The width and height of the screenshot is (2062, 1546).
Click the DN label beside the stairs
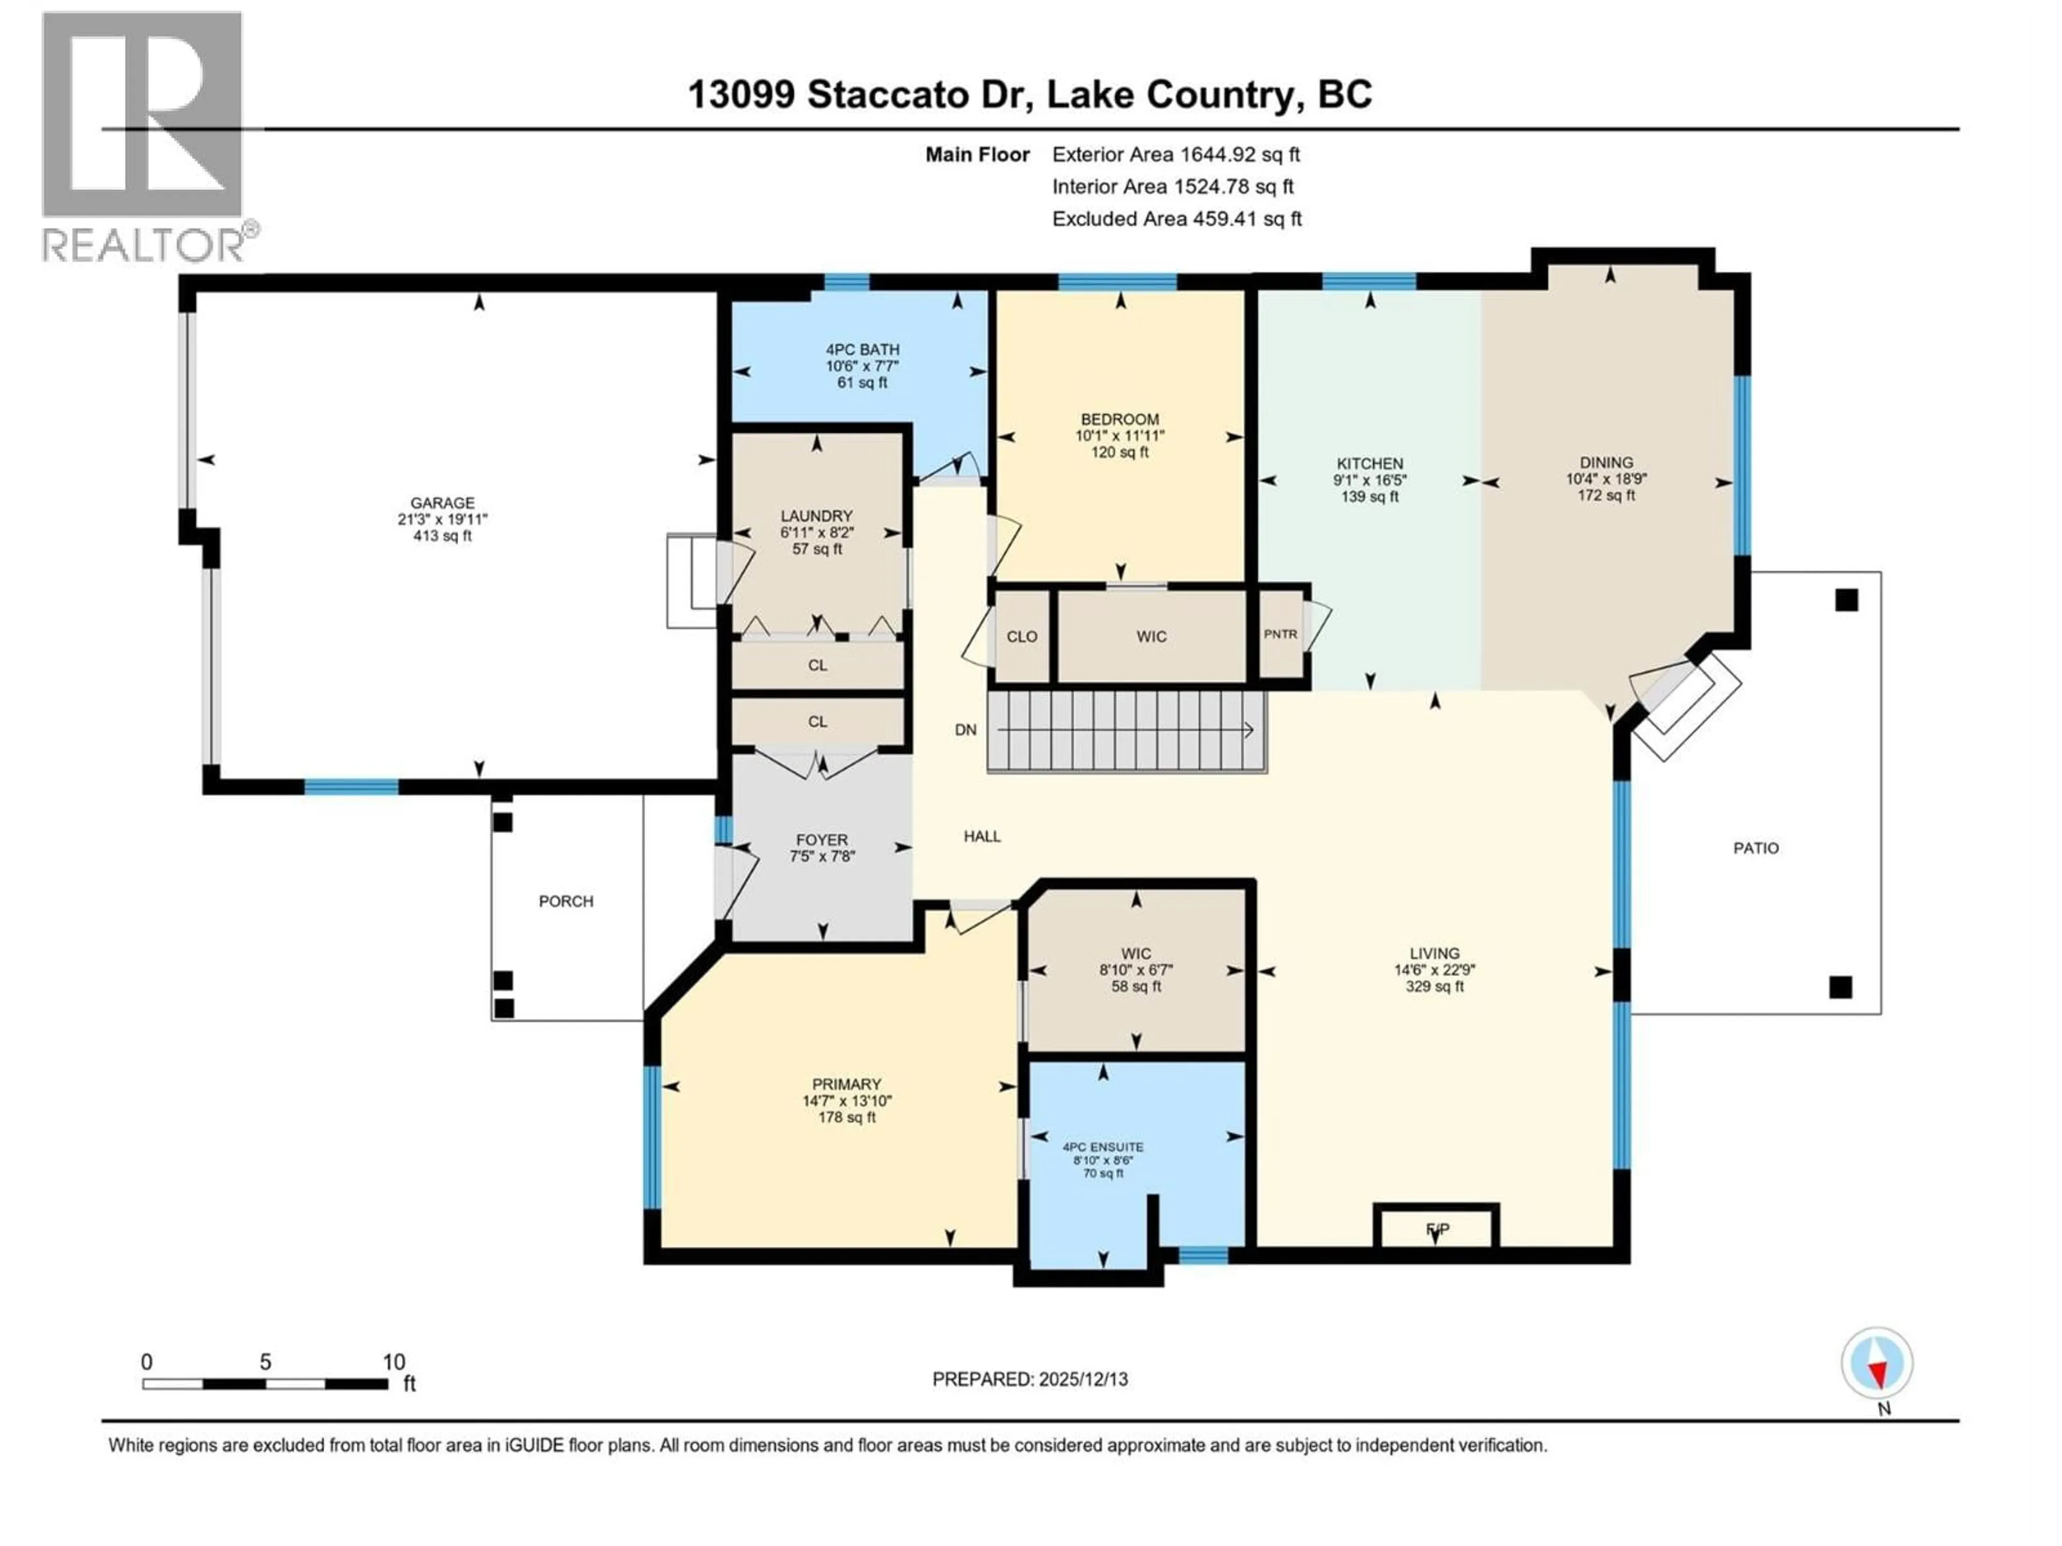tap(965, 730)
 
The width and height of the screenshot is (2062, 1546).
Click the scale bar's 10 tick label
tap(394, 1361)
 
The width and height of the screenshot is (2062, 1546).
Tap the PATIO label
tap(1755, 848)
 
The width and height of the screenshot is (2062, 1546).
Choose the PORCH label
tap(566, 901)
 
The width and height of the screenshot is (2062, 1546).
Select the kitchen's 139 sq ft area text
tap(1369, 497)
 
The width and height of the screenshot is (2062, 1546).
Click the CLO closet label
tap(1022, 637)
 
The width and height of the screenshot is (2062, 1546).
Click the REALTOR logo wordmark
tap(144, 245)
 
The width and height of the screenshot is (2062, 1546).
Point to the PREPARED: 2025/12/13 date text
tap(1029, 1379)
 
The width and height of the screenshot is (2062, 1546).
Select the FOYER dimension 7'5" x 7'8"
tap(821, 856)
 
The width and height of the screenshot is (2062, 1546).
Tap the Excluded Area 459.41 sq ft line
tap(1177, 219)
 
